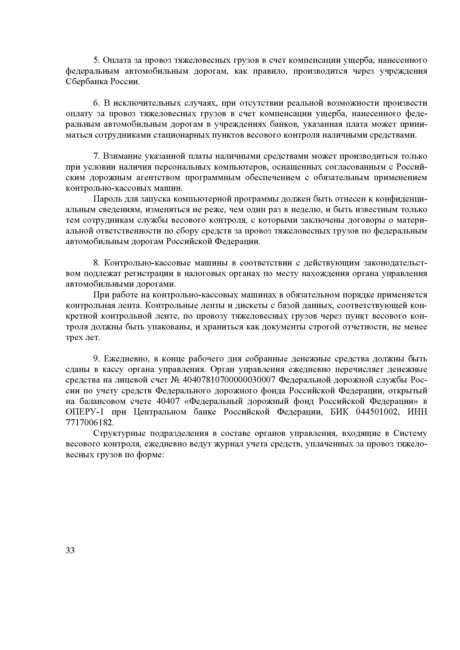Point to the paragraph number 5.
tap(96, 60)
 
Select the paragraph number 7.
tap(96, 156)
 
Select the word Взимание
tap(122, 156)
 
